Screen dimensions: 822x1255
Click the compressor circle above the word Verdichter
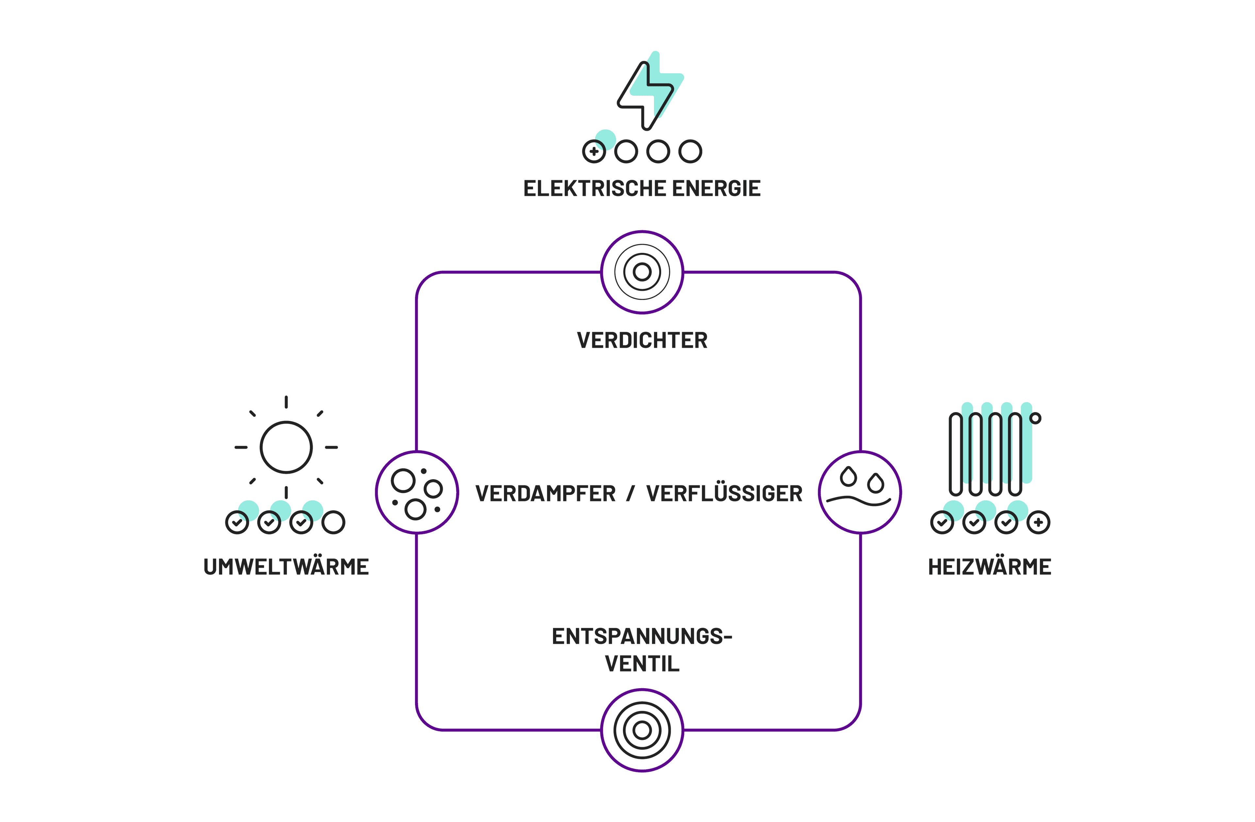coord(642,272)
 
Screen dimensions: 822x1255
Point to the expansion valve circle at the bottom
coord(642,730)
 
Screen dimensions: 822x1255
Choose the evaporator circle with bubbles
coord(417,492)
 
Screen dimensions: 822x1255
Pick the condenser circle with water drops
coord(860,492)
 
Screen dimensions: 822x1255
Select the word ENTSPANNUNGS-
coord(642,637)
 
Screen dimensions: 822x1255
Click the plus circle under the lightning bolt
coord(594,152)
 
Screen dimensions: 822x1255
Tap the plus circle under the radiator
coord(1038,523)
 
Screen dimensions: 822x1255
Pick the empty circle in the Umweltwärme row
coord(333,523)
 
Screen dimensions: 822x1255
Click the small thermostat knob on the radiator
coord(1035,418)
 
